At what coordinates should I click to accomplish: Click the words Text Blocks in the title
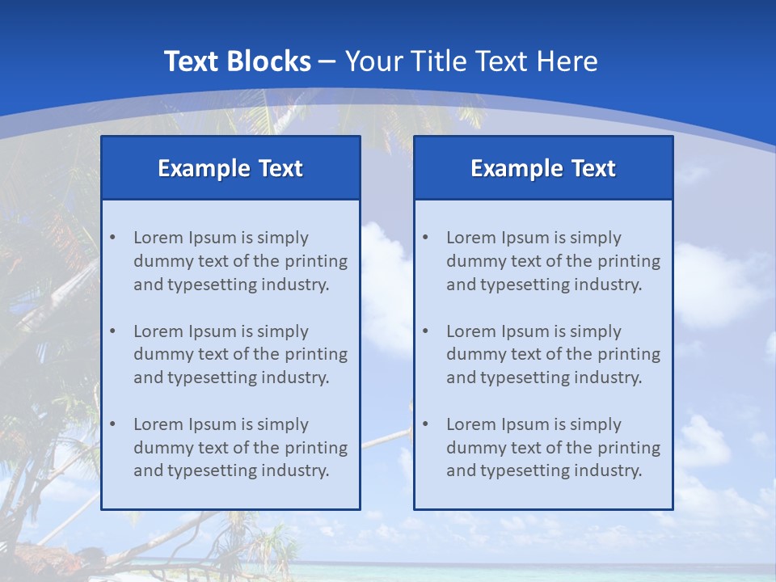(237, 61)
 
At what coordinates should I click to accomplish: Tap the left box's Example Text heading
(230, 168)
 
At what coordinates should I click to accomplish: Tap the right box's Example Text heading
(543, 168)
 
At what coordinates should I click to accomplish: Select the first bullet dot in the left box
(113, 238)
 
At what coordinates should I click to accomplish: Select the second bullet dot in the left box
(113, 331)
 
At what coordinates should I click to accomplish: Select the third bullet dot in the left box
(113, 424)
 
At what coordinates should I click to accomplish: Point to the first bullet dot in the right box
(426, 238)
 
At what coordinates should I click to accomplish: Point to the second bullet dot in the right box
(426, 331)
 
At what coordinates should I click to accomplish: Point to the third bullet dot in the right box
(426, 424)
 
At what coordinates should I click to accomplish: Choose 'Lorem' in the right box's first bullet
(470, 238)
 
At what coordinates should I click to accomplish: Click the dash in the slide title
(327, 61)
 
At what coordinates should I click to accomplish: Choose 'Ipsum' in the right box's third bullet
(522, 424)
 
